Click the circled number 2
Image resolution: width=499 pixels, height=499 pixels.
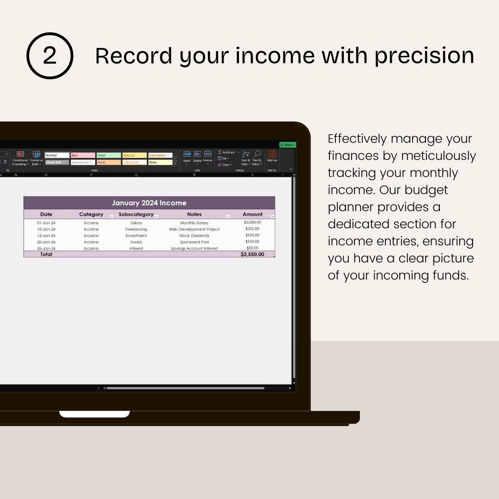(x=49, y=56)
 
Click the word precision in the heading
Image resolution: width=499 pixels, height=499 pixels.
(x=424, y=56)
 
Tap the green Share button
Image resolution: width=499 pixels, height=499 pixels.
(x=287, y=145)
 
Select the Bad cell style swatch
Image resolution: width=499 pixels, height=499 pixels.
(x=83, y=155)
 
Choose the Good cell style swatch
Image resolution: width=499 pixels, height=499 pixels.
(x=109, y=155)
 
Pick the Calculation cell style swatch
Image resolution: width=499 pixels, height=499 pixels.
(x=160, y=155)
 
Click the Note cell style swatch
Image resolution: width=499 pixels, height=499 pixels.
(x=160, y=162)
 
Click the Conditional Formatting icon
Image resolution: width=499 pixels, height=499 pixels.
(x=20, y=154)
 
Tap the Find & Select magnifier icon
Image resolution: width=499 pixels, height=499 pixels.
(x=257, y=154)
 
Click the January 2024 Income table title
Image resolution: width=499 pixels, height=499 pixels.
(x=149, y=203)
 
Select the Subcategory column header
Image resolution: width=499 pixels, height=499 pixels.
(x=136, y=214)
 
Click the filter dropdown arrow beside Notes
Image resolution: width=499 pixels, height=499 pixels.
(x=227, y=216)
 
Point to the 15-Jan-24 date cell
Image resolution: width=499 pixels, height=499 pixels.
(x=46, y=236)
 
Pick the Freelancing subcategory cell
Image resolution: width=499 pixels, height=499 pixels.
(x=136, y=229)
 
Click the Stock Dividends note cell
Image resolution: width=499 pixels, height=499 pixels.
(x=194, y=236)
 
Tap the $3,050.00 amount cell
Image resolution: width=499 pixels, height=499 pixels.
(x=252, y=223)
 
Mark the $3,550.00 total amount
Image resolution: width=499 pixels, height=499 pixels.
(x=252, y=254)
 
